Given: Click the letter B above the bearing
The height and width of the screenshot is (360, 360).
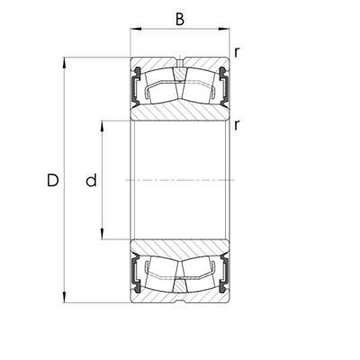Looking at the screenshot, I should click(179, 17).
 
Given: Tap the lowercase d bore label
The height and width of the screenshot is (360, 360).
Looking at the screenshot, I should click(90, 181).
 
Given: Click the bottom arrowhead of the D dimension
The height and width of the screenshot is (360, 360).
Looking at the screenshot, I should click(65, 297).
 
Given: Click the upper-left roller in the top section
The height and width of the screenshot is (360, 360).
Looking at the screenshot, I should click(158, 87).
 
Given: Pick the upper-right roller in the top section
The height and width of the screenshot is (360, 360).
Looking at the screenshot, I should click(200, 87).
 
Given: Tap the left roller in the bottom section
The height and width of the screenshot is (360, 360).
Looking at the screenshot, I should click(158, 274).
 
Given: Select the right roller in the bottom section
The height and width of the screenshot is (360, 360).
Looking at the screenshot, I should click(200, 274).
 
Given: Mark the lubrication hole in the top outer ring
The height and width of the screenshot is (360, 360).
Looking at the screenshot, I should click(179, 64).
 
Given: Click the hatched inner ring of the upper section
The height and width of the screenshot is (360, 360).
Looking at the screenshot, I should click(179, 112).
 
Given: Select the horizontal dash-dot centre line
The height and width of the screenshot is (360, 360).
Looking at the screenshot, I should click(179, 181).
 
